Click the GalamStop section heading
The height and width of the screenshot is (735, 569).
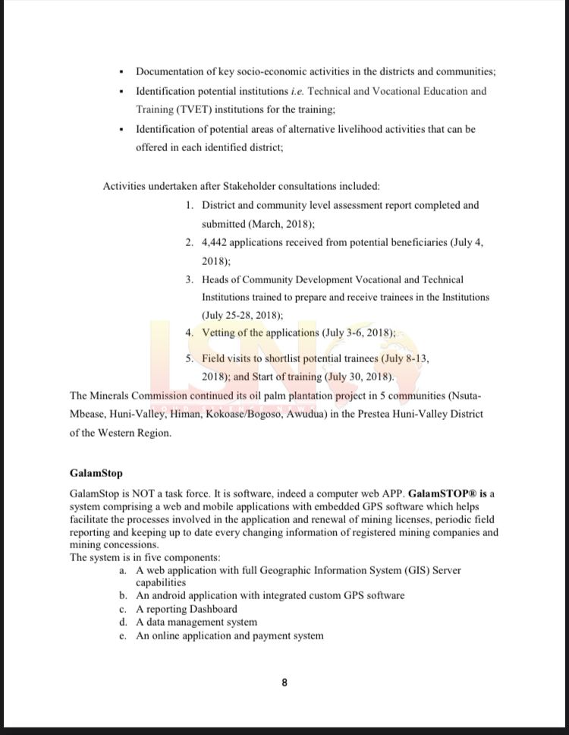(96, 473)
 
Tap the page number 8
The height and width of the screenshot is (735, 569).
(284, 683)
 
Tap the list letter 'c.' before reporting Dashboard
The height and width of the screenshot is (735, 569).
(122, 609)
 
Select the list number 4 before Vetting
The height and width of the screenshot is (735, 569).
(189, 333)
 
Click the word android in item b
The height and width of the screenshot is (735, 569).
(167, 595)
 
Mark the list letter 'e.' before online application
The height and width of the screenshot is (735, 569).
(122, 636)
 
